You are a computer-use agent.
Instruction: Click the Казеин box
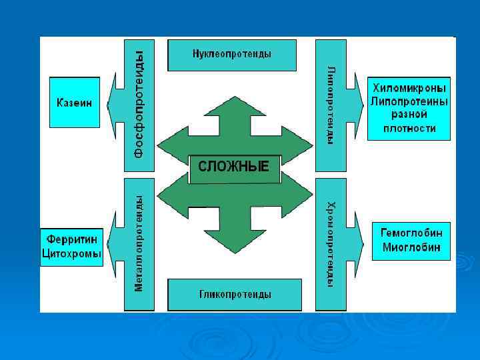(74, 103)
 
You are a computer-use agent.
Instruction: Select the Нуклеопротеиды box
(231, 54)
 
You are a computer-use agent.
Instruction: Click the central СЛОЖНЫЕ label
(234, 167)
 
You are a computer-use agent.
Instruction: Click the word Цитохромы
(72, 254)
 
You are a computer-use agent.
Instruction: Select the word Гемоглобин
(411, 233)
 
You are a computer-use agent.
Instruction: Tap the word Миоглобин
(411, 248)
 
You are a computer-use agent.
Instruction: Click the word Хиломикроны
(409, 88)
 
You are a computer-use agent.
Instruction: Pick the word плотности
(409, 129)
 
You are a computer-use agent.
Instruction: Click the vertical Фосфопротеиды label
(139, 105)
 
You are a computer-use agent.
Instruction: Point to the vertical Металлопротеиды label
(139, 243)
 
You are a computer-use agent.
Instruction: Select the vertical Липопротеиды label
(331, 105)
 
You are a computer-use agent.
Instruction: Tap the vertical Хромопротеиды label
(331, 243)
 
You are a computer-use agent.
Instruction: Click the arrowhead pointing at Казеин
(114, 103)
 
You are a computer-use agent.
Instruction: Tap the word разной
(409, 115)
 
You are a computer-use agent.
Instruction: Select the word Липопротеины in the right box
(409, 101)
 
